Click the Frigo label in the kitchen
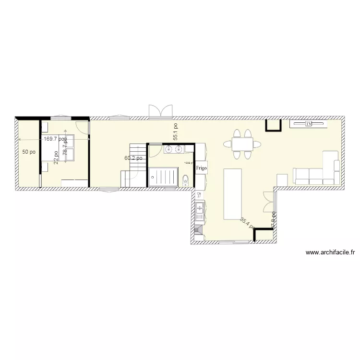tap(201, 168)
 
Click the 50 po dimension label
tap(29, 152)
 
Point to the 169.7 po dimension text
tap(55, 139)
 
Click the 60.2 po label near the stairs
tap(133, 158)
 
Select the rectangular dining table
tap(242, 144)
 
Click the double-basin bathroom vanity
tap(173, 149)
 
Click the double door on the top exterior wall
tap(160, 112)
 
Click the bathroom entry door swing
tap(155, 151)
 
